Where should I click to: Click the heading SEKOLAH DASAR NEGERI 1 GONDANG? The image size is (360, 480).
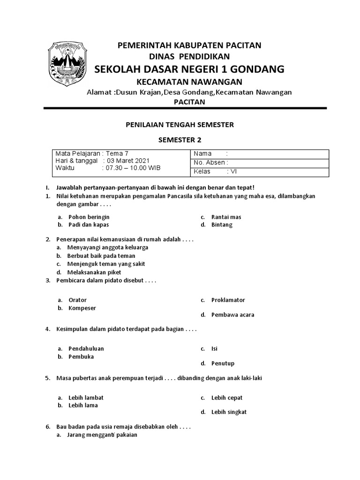pyautogui.click(x=189, y=69)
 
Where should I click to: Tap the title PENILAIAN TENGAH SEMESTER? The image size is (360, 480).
pyautogui.click(x=180, y=125)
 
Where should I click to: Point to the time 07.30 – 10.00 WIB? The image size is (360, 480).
pyautogui.click(x=133, y=168)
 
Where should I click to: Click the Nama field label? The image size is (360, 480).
pyautogui.click(x=203, y=154)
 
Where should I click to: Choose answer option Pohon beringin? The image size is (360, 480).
pyautogui.click(x=89, y=217)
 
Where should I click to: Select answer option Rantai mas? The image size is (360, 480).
pyautogui.click(x=226, y=217)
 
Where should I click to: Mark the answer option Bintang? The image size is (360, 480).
pyautogui.click(x=222, y=225)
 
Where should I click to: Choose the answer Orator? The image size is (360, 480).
pyautogui.click(x=77, y=300)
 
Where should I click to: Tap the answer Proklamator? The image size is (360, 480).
pyautogui.click(x=228, y=300)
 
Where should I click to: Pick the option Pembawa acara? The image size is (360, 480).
pyautogui.click(x=232, y=315)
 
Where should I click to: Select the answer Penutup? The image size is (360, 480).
pyautogui.click(x=223, y=363)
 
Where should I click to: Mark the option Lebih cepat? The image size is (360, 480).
pyautogui.click(x=227, y=397)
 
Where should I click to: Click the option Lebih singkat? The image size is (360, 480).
pyautogui.click(x=229, y=412)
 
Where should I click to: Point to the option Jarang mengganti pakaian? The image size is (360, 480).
pyautogui.click(x=102, y=435)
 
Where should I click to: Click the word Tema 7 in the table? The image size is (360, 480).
pyautogui.click(x=117, y=154)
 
